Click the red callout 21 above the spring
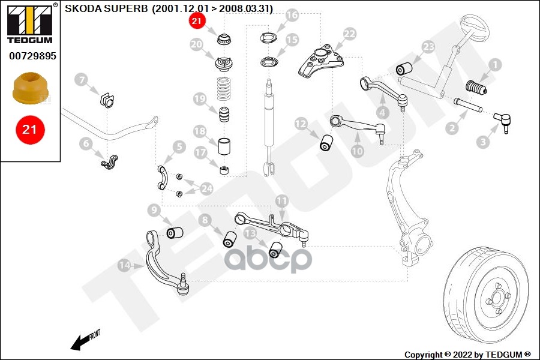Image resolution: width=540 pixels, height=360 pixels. (196, 22)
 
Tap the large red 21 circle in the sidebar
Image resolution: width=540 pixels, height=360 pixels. (30, 128)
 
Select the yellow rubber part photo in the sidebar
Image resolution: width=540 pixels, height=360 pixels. (30, 88)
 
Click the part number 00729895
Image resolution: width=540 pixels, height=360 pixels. (32, 56)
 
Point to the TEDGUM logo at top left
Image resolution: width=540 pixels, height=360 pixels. (29, 23)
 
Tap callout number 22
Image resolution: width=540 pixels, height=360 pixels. (350, 35)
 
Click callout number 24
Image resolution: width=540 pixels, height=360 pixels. (206, 189)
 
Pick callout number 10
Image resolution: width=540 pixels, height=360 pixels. (357, 151)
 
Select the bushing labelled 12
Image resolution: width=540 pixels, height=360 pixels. (328, 143)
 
